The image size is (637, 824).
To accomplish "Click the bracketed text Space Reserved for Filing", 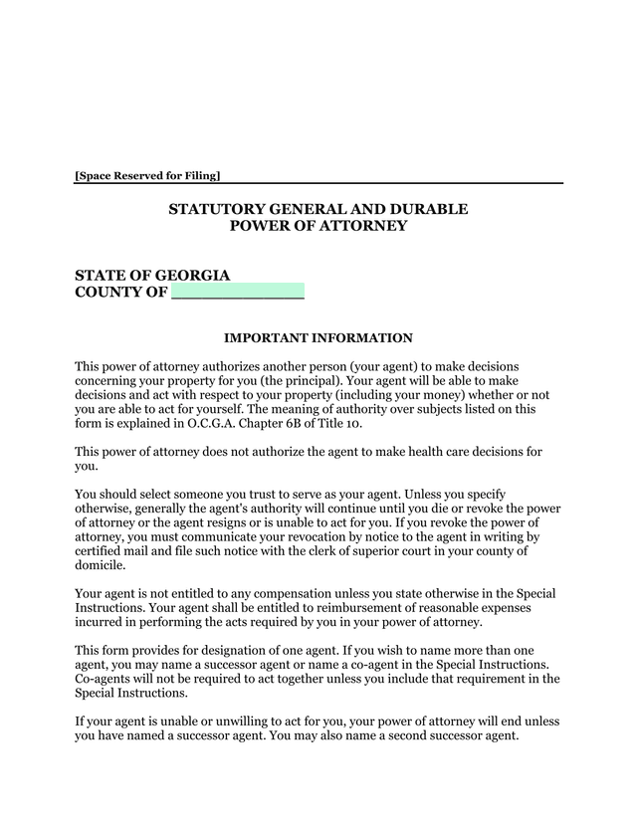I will pyautogui.click(x=147, y=176).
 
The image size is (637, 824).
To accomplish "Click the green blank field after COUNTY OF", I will pyautogui.click(x=237, y=293).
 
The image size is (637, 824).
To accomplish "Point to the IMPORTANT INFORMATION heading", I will pyautogui.click(x=318, y=338).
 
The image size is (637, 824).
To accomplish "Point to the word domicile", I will pyautogui.click(x=101, y=565).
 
